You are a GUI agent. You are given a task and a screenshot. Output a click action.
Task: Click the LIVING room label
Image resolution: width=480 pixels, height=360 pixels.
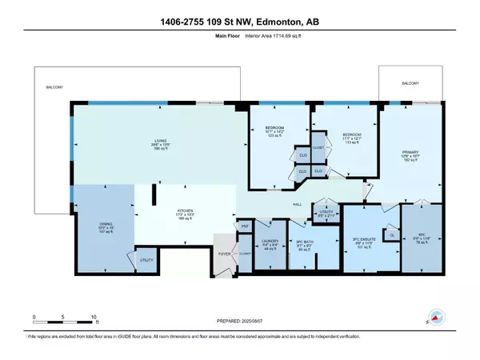click(x=161, y=142)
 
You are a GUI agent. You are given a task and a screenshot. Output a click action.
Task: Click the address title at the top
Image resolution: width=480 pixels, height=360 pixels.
click(x=239, y=10)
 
